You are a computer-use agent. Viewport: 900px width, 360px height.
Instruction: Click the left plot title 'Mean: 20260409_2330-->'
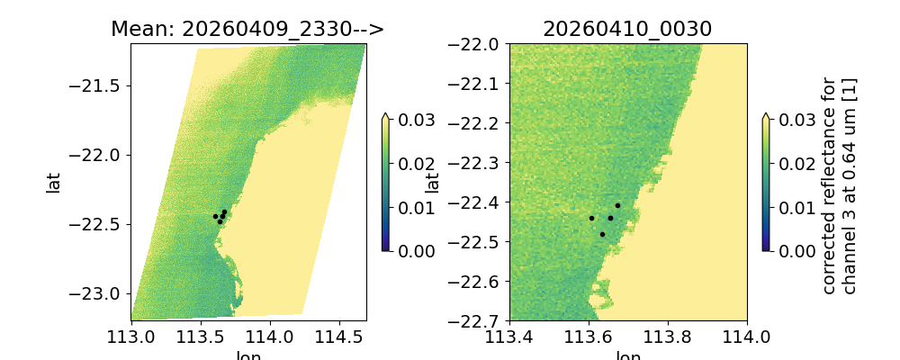(247, 29)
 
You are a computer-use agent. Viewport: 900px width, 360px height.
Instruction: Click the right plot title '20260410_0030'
(627, 29)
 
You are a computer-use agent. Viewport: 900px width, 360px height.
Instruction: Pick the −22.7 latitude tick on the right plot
(478, 320)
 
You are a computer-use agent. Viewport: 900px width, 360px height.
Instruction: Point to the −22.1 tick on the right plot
(478, 84)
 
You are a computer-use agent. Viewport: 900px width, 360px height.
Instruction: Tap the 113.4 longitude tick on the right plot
(509, 337)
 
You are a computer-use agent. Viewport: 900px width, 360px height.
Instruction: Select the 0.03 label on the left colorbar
(410, 120)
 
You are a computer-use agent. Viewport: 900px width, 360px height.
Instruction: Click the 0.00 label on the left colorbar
(410, 250)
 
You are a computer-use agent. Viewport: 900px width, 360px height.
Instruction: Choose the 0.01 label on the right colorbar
(792, 207)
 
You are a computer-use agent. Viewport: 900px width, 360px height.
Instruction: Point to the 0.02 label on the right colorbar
(792, 163)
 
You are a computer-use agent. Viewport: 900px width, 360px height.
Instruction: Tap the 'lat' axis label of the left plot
(54, 182)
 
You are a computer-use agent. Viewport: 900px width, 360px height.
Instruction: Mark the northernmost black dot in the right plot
(617, 205)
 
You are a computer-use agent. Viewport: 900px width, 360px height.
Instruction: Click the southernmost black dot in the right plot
(602, 234)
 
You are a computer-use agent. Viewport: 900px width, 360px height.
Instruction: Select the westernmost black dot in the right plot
(591, 218)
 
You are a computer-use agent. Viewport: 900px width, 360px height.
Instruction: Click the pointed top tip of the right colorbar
(765, 114)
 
